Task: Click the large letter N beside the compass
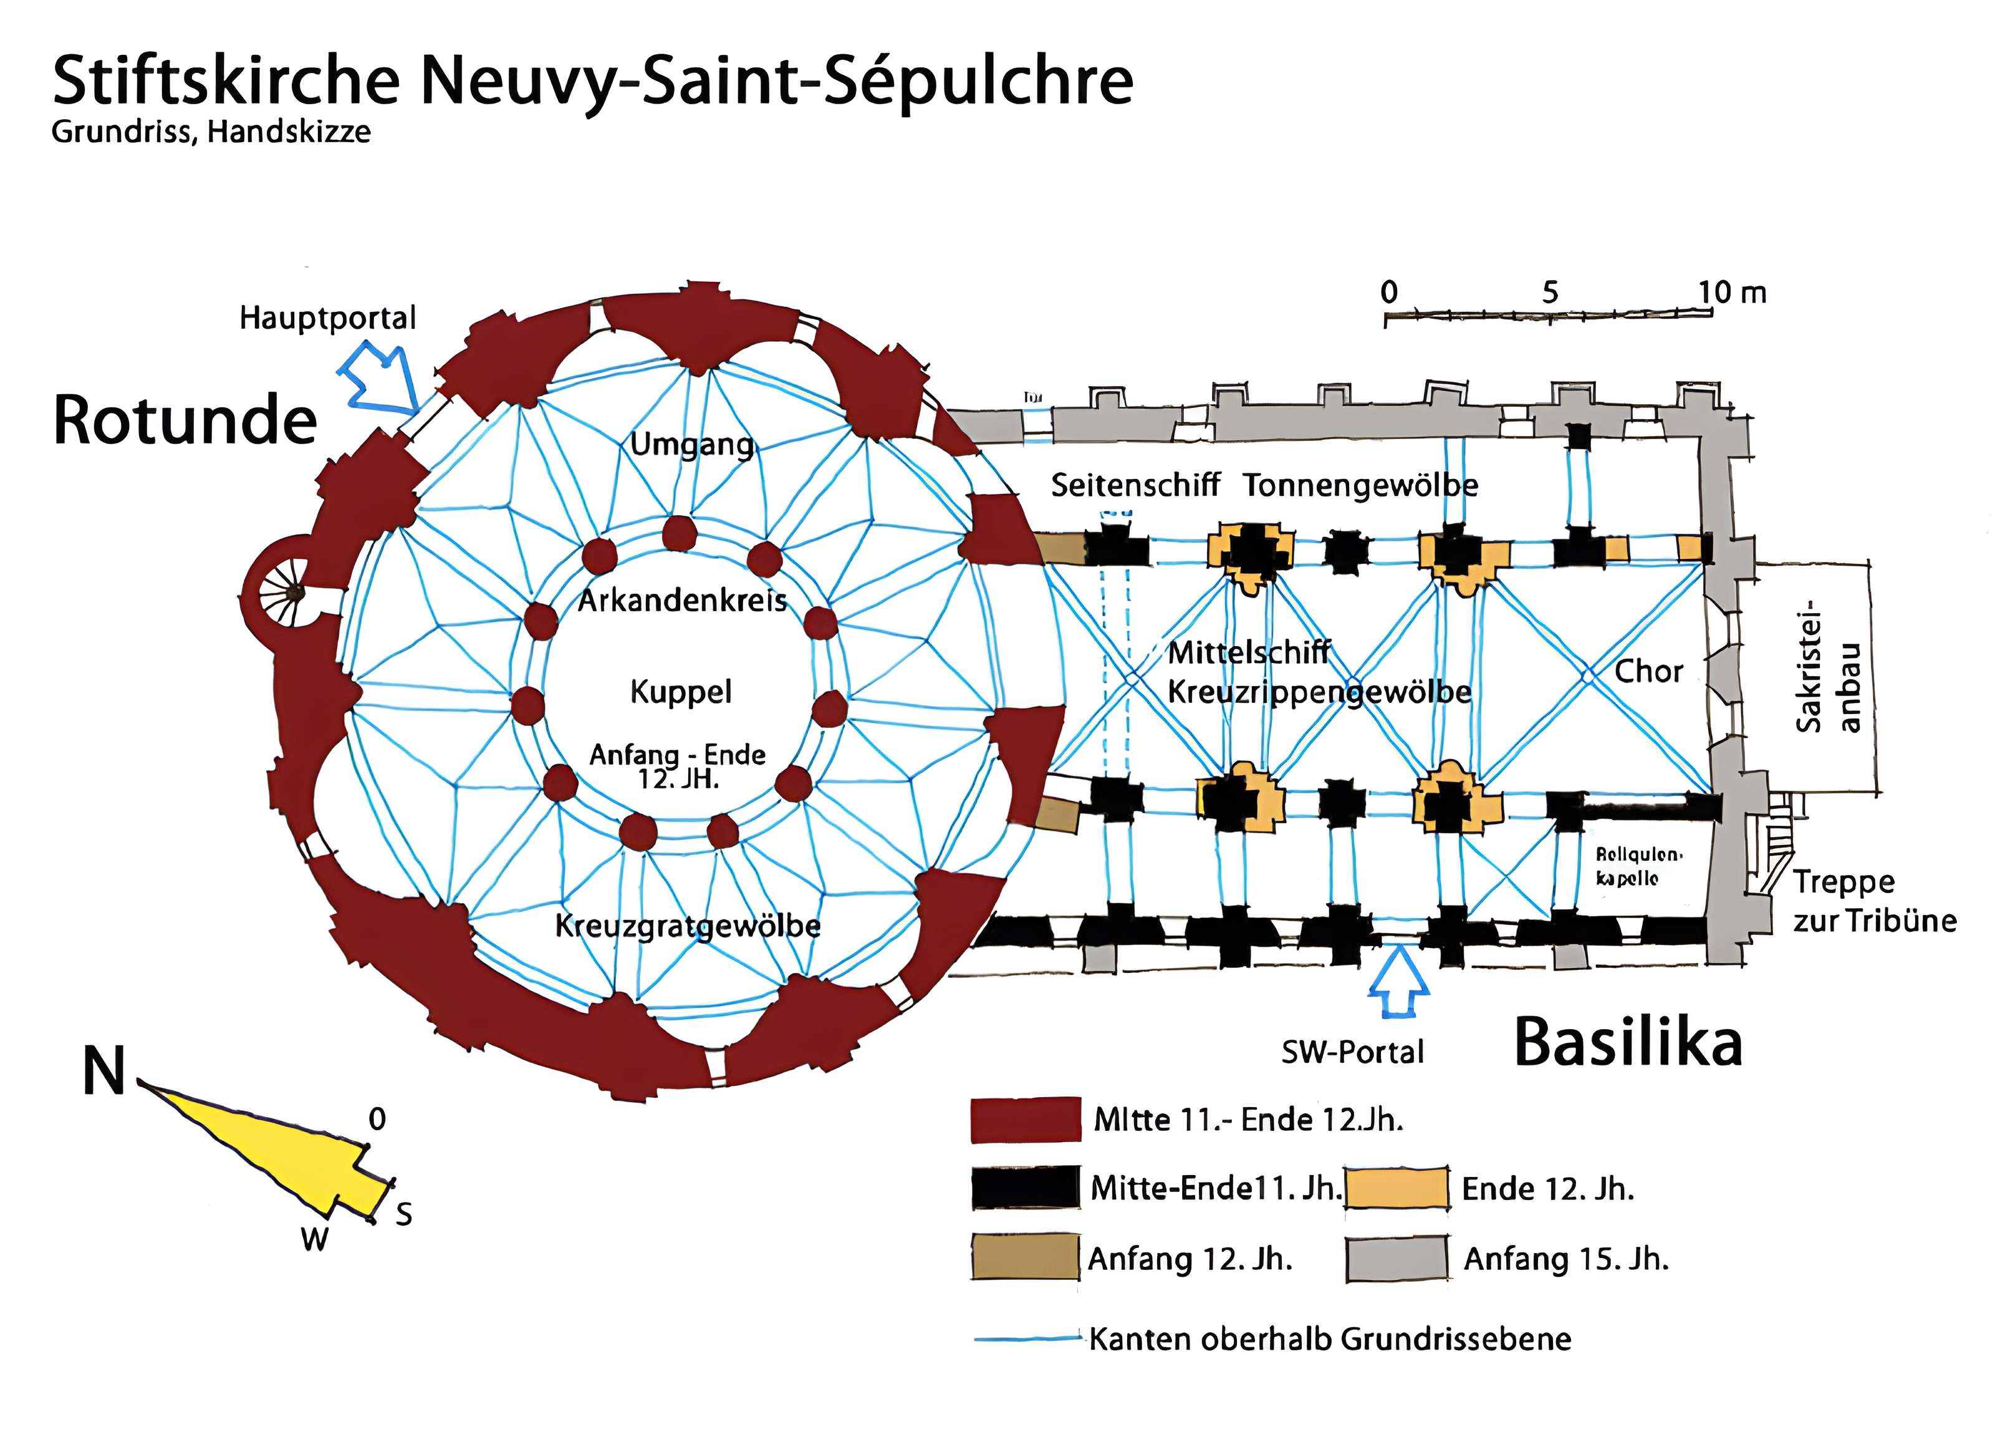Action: [x=103, y=1072]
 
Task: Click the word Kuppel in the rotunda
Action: [x=680, y=692]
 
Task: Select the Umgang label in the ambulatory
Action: [x=692, y=445]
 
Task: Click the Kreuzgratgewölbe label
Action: [x=687, y=926]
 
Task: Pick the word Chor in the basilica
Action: [x=1648, y=672]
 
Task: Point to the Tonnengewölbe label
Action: [x=1360, y=485]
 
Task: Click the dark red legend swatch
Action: [x=1026, y=1120]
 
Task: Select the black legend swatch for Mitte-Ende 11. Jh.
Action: [x=1026, y=1188]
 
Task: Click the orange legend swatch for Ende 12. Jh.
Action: [x=1397, y=1188]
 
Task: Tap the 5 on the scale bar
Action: [x=1549, y=292]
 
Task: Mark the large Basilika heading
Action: [x=1627, y=1043]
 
